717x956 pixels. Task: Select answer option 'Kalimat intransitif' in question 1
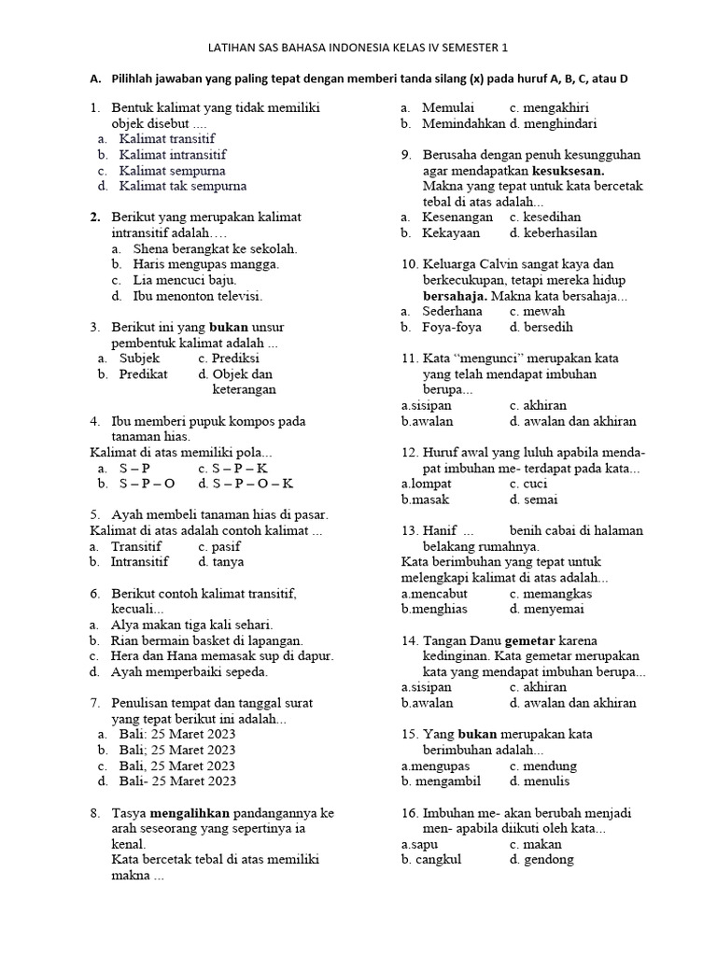tap(172, 154)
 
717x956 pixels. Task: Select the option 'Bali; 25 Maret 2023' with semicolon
tap(176, 749)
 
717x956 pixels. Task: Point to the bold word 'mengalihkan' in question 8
tap(190, 813)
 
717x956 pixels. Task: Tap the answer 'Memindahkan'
tap(464, 123)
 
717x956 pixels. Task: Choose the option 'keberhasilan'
tap(559, 232)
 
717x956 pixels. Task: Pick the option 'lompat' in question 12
tap(431, 484)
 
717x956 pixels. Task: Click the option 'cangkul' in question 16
tap(438, 860)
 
